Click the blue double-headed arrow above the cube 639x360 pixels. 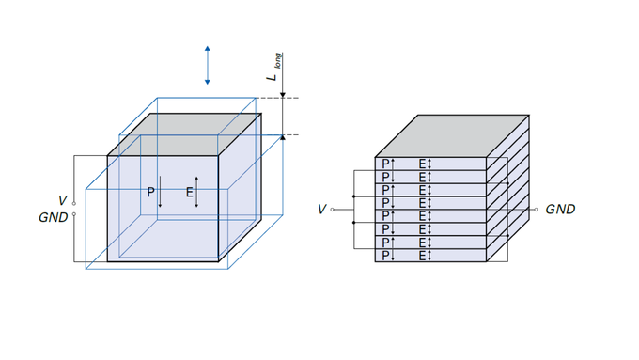coord(208,65)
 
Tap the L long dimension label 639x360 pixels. coord(275,67)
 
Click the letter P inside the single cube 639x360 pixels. coord(150,192)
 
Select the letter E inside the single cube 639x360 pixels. coord(190,192)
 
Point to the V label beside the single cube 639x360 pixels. coord(62,200)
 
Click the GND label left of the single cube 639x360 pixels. coord(54,217)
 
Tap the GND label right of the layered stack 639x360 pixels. coord(560,210)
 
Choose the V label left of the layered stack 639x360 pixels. coord(321,210)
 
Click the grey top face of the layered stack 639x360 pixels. coord(452,136)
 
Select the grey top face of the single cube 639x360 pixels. coord(184,134)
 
